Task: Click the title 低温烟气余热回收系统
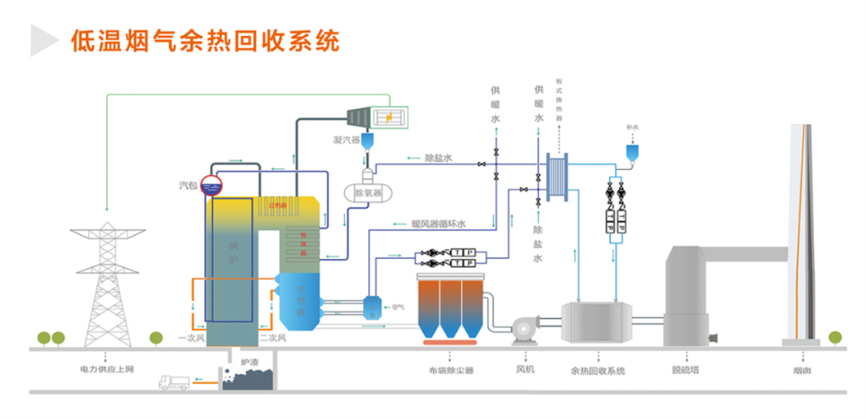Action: click(x=204, y=40)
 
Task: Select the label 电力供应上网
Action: click(x=105, y=371)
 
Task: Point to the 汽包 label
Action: click(x=187, y=186)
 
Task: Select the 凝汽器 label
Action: click(x=346, y=140)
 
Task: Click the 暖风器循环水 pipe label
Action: click(x=439, y=224)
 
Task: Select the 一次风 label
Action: click(x=192, y=338)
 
